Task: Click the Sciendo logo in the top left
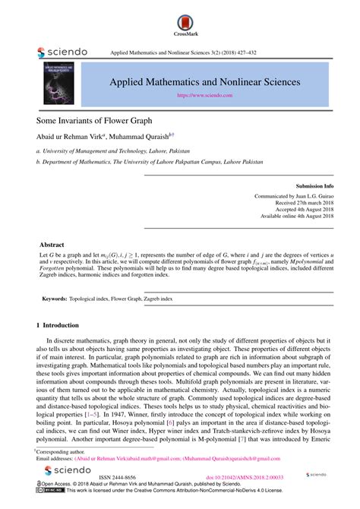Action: pyautogui.click(x=62, y=52)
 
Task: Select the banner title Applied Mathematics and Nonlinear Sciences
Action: pyautogui.click(x=205, y=81)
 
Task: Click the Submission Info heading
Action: pyautogui.click(x=314, y=185)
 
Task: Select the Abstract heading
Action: pyautogui.click(x=51, y=245)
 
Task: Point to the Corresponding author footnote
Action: pyautogui.click(x=61, y=451)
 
